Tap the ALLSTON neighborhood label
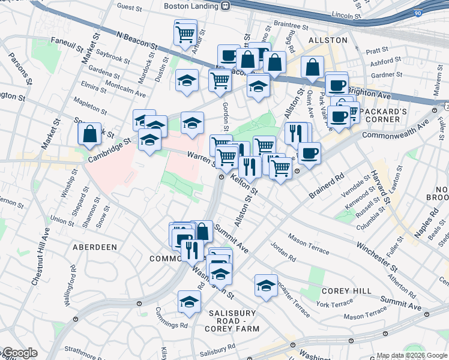pos(328,40)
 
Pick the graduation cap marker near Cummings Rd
pos(189,301)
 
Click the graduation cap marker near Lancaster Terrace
pos(266,286)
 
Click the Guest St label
pos(129,7)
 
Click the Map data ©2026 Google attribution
pos(412,355)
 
